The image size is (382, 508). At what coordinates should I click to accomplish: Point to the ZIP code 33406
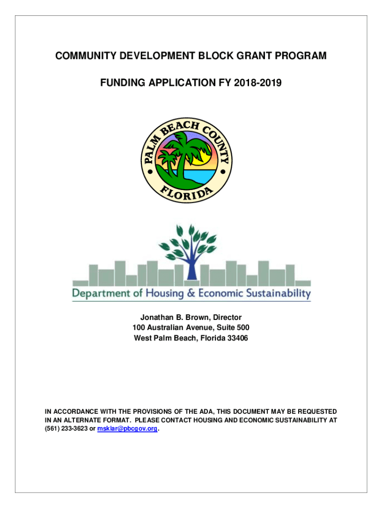coord(238,338)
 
